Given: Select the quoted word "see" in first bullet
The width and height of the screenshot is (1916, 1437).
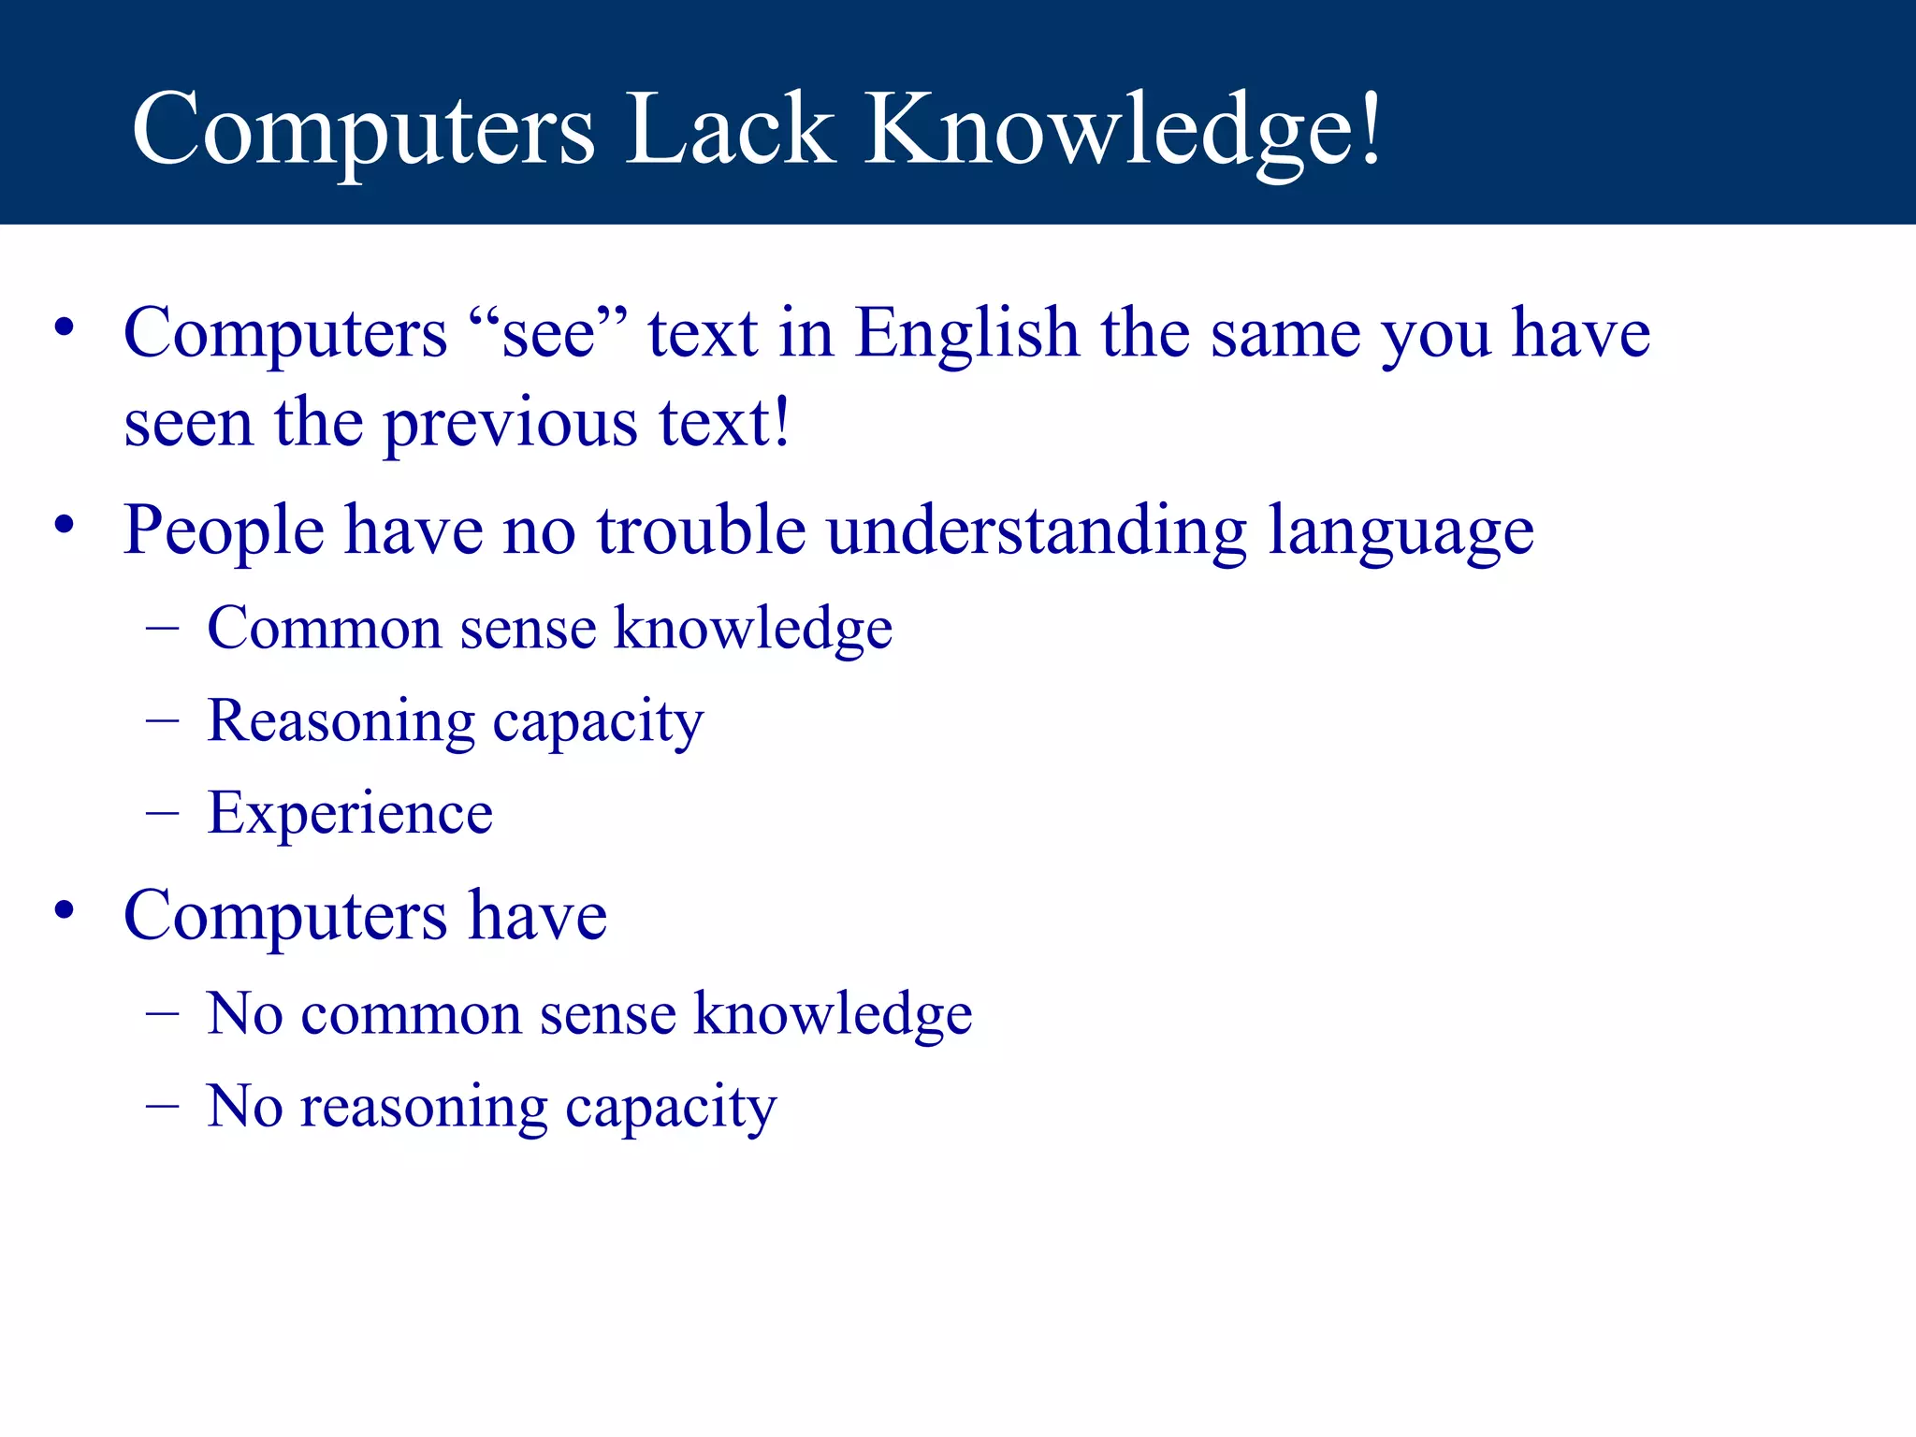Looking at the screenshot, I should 548,333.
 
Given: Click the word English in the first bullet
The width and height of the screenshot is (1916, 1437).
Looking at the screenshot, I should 967,335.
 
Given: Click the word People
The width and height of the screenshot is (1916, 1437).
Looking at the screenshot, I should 225,531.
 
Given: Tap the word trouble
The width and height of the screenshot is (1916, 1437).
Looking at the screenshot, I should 702,530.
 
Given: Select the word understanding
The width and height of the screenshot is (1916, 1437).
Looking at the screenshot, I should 1037,531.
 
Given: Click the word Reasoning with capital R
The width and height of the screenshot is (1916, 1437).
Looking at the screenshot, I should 341,722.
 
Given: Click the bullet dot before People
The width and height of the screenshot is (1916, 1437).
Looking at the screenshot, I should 64,525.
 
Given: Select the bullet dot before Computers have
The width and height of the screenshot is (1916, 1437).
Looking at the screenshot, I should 64,909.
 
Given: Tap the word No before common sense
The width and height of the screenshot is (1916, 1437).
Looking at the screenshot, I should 244,1013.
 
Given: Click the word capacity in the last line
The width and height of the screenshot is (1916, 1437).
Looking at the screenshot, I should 671,1109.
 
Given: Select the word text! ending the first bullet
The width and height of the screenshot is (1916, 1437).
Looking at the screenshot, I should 724,423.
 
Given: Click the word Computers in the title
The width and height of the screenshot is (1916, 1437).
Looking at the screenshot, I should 363,131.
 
